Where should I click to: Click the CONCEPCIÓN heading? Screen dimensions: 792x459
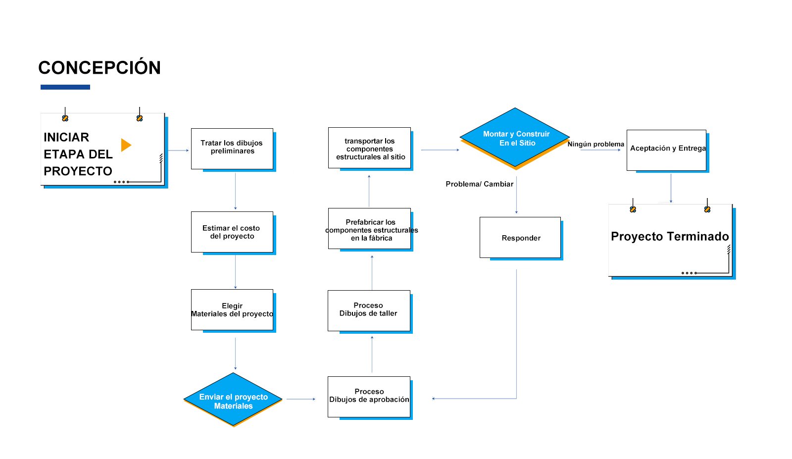[99, 67]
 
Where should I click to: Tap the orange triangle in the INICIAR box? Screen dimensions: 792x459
[126, 145]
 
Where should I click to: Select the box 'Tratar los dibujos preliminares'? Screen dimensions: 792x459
[232, 149]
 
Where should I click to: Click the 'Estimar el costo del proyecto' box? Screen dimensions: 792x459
[232, 232]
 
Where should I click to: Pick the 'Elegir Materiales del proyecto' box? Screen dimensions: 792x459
[232, 310]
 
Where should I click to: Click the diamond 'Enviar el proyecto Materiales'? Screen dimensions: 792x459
[233, 399]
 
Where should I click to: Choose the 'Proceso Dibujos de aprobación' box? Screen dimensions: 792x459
[369, 397]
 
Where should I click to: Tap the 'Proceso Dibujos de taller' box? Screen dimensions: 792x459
[369, 311]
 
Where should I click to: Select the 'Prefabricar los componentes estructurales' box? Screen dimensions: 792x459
[369, 228]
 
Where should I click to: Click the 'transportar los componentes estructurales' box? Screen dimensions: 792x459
[369, 148]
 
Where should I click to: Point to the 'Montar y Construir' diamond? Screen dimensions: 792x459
[515, 137]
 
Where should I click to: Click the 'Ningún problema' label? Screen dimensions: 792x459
[596, 144]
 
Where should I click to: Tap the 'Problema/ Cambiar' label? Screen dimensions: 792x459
[480, 184]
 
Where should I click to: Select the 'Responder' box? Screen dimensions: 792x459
[520, 237]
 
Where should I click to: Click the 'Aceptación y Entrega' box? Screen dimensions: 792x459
[666, 151]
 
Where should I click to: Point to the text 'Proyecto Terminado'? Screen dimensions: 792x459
[670, 236]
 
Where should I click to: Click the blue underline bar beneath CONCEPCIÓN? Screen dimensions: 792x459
[65, 87]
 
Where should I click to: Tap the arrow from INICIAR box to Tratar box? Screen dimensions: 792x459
[178, 151]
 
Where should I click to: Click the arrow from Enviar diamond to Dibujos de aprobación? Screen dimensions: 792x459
[301, 399]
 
